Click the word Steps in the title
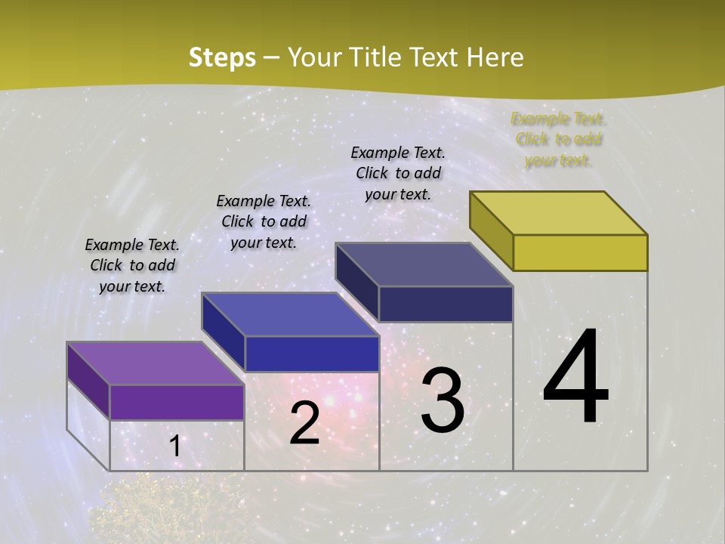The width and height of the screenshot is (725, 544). (x=222, y=57)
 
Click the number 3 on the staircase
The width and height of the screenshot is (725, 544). (x=443, y=400)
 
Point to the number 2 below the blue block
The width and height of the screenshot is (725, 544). (x=304, y=423)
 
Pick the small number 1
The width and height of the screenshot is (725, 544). (x=175, y=447)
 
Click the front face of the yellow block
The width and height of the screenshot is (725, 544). (x=580, y=252)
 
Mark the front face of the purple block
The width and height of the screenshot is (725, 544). (x=177, y=402)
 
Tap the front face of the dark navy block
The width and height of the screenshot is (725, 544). (x=446, y=304)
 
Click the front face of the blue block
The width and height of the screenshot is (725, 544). (x=312, y=354)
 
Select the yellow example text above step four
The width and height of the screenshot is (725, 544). (x=558, y=140)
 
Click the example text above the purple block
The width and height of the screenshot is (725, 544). (x=132, y=265)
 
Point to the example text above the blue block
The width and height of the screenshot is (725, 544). (x=264, y=221)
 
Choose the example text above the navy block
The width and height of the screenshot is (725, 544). (x=398, y=173)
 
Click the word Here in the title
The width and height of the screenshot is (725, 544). (x=495, y=57)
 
